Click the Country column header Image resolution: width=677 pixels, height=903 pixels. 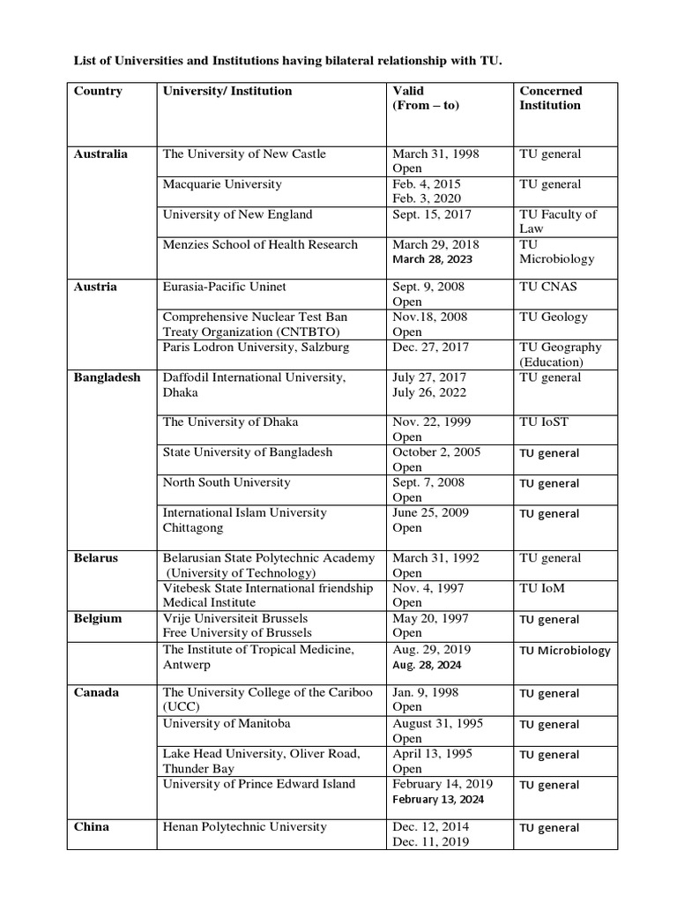[98, 91]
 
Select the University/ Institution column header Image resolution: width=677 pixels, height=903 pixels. [227, 91]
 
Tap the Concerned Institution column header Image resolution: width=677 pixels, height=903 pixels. [550, 98]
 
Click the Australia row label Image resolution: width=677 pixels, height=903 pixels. [100, 154]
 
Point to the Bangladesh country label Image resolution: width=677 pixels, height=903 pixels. [107, 377]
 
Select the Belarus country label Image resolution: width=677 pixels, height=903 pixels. [96, 558]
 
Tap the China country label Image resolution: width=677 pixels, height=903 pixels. [92, 827]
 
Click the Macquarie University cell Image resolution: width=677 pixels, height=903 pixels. [222, 184]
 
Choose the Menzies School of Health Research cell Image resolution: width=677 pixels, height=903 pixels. [260, 244]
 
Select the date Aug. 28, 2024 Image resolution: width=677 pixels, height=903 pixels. [428, 665]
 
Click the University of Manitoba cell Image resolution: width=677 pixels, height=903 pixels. [227, 724]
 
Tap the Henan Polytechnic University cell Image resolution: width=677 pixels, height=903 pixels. [245, 827]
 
